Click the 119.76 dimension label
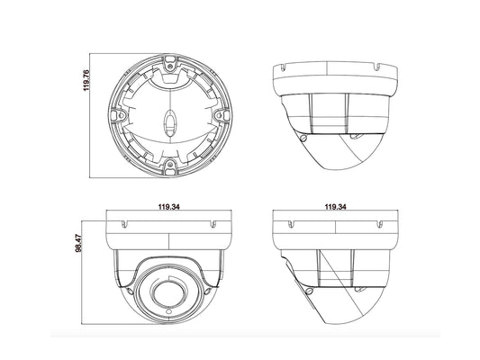point(86,80)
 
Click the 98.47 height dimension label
point(78,243)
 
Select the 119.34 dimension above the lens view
point(168,207)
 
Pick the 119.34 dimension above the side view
point(335,207)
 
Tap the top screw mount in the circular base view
point(169,64)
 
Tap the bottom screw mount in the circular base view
point(169,166)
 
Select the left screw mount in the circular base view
point(119,115)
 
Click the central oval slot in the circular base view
point(169,122)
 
